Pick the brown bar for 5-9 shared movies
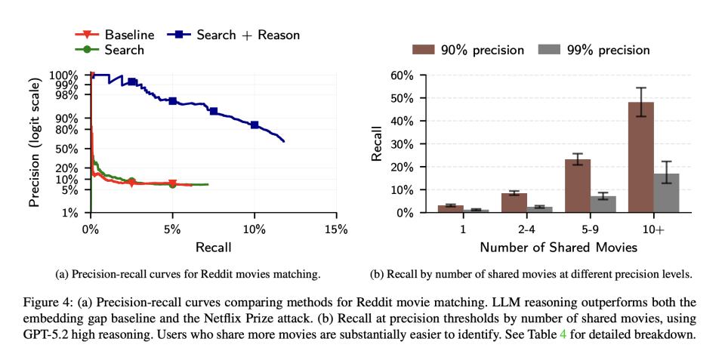[577, 186]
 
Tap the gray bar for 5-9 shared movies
[603, 205]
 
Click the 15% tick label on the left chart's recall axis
[336, 229]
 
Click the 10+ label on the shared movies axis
[653, 229]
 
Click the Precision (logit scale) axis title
[35, 144]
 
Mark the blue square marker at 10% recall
[255, 125]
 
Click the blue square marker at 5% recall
[172, 101]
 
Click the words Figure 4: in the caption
[52, 302]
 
